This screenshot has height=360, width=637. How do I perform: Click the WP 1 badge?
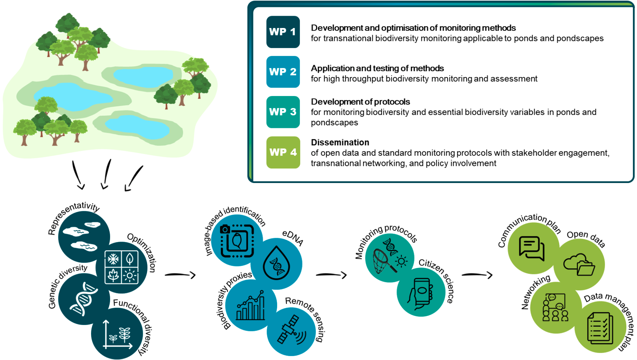(x=283, y=32)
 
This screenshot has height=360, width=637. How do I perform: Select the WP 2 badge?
(x=283, y=72)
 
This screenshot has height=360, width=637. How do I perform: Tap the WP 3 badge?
(x=283, y=112)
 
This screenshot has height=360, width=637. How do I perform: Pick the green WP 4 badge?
(x=283, y=152)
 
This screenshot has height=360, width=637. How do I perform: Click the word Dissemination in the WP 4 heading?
(x=340, y=142)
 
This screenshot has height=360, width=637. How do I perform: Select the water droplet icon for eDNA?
(x=276, y=263)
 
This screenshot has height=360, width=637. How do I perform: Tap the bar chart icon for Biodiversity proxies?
(x=250, y=305)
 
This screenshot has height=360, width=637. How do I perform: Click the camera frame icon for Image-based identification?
(x=237, y=241)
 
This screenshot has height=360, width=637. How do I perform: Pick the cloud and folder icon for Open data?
(x=579, y=265)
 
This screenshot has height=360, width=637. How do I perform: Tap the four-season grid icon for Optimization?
(x=121, y=267)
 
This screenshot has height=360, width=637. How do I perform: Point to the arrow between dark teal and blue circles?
(x=180, y=275)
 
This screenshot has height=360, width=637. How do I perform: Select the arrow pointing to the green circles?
(x=477, y=275)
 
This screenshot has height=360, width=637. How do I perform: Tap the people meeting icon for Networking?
(x=555, y=307)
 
